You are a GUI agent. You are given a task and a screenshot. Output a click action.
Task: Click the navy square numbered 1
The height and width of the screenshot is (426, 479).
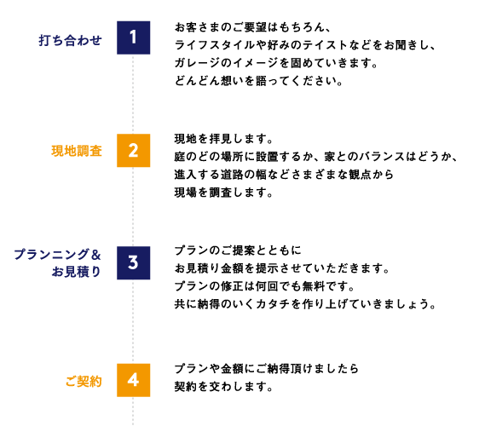133,37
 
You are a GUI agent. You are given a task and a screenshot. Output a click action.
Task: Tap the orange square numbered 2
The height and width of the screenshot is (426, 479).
133,150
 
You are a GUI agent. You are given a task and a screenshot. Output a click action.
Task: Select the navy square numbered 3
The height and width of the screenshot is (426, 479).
133,262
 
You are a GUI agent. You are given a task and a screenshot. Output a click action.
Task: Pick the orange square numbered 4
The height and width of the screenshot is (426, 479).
133,380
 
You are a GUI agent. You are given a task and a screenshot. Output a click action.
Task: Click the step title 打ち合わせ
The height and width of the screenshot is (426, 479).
70,40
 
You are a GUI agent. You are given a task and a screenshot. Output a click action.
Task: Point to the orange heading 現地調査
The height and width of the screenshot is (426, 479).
77,151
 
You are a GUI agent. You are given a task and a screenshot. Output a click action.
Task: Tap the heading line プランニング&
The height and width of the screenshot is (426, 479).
57,255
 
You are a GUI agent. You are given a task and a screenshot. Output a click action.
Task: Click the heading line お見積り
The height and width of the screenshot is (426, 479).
76,272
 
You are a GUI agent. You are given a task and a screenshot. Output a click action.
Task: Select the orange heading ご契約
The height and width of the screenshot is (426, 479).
84,382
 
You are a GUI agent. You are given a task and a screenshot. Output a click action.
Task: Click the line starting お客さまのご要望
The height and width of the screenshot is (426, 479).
253,27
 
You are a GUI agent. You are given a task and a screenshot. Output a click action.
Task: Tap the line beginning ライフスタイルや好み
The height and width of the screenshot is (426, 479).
305,45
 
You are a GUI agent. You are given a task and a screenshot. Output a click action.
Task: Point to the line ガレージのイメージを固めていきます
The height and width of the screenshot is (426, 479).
276,63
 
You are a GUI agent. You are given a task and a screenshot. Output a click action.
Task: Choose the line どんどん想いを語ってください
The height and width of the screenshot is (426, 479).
259,81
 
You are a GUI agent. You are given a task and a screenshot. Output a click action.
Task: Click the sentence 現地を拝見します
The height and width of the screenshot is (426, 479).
223,139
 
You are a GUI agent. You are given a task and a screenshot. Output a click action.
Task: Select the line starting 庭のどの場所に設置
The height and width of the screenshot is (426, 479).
316,157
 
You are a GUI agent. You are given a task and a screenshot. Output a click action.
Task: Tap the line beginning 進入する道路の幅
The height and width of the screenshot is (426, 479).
284,175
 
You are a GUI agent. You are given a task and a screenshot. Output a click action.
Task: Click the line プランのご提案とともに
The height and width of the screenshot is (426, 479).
238,250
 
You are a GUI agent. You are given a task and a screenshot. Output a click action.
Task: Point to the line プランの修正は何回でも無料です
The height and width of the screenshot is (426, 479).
264,286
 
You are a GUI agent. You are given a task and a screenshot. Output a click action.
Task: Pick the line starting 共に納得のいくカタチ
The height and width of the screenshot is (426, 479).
305,304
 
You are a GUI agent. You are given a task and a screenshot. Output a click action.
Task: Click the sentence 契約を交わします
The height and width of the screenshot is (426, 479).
223,387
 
